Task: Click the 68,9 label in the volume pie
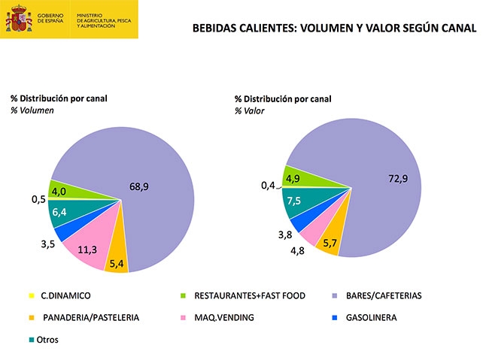(x=138, y=186)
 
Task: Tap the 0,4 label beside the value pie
(x=268, y=185)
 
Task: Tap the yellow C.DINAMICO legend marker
(x=32, y=295)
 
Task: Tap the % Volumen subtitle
(x=32, y=110)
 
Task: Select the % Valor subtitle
(x=249, y=110)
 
